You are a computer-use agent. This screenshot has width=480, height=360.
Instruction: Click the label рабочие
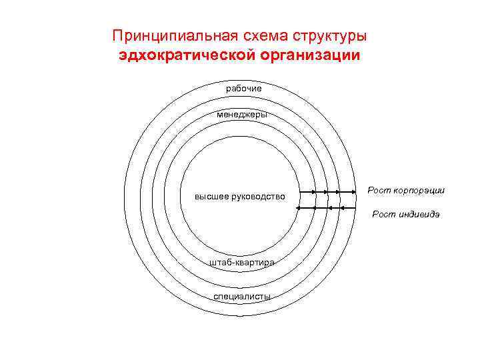tap(243, 89)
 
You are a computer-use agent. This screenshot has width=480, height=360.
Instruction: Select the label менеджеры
tap(243, 115)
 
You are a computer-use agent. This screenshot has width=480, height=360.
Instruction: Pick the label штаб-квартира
tap(242, 263)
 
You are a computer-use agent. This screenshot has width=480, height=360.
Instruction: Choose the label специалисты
tap(242, 296)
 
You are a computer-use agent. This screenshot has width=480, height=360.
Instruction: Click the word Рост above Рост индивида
tap(377, 191)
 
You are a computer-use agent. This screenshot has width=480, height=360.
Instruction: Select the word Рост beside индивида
tap(382, 214)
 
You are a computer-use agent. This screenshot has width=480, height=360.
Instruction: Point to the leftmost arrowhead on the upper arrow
tap(314, 193)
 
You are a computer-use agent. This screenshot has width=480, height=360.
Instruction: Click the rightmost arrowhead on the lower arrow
tap(341, 208)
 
